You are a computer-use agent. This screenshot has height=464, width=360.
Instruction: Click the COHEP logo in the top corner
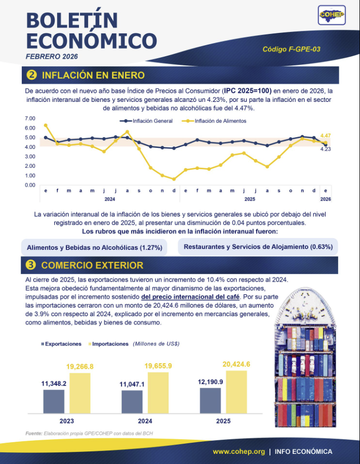tap(332, 15)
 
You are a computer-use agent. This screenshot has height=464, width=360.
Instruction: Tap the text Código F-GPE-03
tap(291, 49)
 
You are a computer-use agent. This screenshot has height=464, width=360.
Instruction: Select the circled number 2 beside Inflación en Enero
tap(32, 75)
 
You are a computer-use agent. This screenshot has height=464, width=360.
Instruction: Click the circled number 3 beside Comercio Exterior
tap(31, 265)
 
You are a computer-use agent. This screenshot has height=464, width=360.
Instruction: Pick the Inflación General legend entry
tap(146, 121)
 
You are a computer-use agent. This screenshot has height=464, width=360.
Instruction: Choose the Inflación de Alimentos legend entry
tap(214, 121)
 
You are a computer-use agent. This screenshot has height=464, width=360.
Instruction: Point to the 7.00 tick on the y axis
tap(30, 119)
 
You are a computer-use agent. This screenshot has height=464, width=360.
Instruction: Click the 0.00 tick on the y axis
tap(30, 185)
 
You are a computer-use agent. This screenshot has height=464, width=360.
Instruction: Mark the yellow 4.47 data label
tap(326, 136)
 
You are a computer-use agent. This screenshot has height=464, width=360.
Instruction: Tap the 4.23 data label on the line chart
tap(326, 149)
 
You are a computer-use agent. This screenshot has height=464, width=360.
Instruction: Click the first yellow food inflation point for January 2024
tap(46, 125)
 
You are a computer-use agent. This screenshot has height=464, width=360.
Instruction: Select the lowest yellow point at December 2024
tap(174, 179)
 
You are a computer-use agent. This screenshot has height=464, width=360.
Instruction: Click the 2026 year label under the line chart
tap(326, 199)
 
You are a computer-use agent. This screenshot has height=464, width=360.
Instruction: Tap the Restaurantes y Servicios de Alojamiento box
tap(258, 247)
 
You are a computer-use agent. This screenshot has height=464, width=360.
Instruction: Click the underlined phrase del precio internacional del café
tap(190, 297)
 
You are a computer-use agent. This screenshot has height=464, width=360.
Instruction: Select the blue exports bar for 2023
tap(54, 402)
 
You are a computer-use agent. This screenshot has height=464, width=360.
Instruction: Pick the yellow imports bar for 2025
tap(236, 392)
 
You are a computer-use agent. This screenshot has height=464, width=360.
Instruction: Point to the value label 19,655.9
tap(158, 366)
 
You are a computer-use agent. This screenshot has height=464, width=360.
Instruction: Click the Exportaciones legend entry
tap(61, 344)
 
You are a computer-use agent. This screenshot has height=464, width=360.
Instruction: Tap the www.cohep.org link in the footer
tap(238, 451)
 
